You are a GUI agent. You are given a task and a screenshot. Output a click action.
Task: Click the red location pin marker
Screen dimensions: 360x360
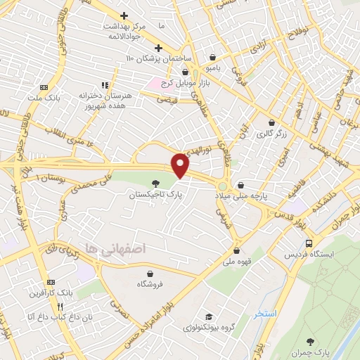click(x=181, y=165)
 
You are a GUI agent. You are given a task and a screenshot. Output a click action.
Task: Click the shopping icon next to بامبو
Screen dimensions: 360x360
click(x=212, y=58)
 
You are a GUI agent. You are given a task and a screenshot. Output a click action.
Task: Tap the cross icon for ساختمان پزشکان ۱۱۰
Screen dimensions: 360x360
click(x=158, y=49)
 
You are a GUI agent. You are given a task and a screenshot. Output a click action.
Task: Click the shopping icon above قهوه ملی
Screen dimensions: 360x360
click(x=237, y=250)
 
